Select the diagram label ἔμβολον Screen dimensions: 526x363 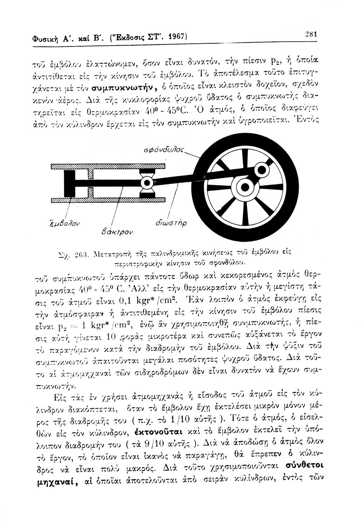pos(63,221)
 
